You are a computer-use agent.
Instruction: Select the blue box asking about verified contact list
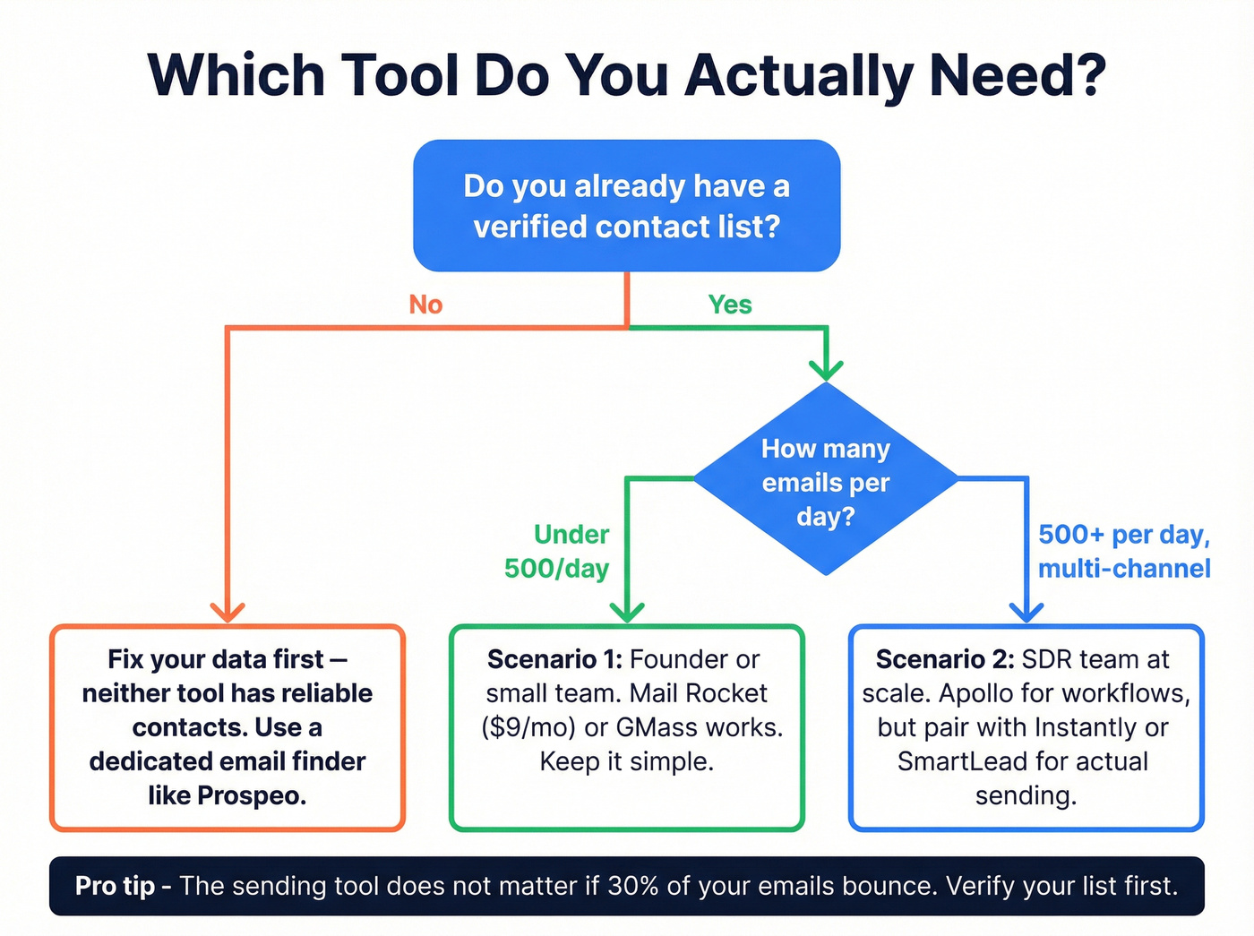(626, 206)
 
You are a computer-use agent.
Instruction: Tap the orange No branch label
(425, 305)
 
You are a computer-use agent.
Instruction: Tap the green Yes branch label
(730, 305)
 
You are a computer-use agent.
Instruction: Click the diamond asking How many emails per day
(826, 481)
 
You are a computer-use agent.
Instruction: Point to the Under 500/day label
(557, 551)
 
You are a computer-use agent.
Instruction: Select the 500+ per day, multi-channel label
(1124, 551)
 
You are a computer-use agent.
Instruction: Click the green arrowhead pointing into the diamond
(826, 368)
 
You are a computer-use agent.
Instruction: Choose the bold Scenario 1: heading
(554, 659)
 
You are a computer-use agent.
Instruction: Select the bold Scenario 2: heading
(944, 659)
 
